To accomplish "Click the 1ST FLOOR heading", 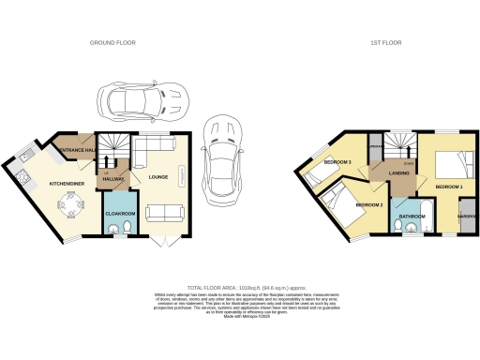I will click(385, 43).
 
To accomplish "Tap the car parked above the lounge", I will click(141, 98).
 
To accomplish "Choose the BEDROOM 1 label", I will click(449, 187).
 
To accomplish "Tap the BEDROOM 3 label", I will click(337, 163).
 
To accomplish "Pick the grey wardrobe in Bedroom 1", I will click(466, 215).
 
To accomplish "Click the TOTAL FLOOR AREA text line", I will click(239, 287).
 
